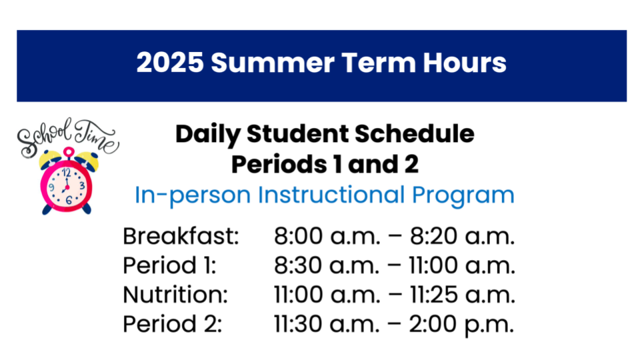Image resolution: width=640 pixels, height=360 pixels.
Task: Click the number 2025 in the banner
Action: pos(170,63)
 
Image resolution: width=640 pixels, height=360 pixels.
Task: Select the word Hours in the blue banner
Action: pos(465,63)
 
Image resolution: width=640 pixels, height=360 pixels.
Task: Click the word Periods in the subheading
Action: pos(279,165)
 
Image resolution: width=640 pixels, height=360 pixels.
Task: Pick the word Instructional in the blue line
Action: pos(331,195)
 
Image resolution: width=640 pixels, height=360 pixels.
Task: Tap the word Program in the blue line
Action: pos(463,196)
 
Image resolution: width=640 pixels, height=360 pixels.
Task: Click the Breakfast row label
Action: pos(181,236)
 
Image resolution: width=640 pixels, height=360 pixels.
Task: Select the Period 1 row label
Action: pos(169,265)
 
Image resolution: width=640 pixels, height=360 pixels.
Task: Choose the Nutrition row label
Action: pos(175,295)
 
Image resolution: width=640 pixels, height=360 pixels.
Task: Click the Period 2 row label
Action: pos(172,324)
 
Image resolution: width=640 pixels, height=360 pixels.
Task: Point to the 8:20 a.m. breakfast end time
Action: pos(462,236)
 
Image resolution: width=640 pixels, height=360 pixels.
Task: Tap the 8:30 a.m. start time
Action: pos(327,265)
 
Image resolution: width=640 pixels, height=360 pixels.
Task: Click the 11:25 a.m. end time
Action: pos(462,295)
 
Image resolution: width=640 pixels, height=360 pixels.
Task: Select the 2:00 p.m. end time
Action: pos(461,325)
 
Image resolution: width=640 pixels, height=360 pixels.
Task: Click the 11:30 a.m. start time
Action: pos(327,324)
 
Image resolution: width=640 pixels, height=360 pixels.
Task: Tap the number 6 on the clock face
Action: pos(69,201)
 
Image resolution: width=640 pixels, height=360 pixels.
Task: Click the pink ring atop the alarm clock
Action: pos(69,152)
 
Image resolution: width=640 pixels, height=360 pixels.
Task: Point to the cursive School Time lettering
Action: pos(68,137)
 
